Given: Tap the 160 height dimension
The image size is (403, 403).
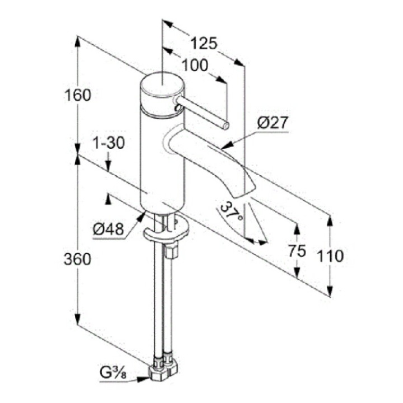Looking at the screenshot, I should pyautogui.click(x=78, y=95).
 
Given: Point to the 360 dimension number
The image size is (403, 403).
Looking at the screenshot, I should pyautogui.click(x=77, y=259).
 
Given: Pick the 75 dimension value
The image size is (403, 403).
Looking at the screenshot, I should pyautogui.click(x=297, y=251).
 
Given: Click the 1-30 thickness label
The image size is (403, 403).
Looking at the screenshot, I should pyautogui.click(x=109, y=143).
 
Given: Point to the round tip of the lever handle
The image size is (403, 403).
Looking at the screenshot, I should pyautogui.click(x=224, y=125).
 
